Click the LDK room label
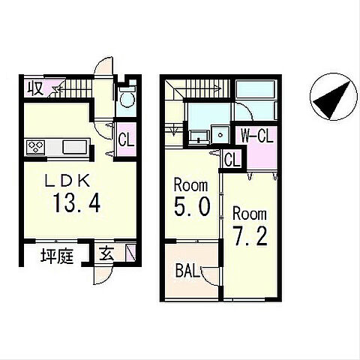67,181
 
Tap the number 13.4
76,203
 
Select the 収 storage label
35,88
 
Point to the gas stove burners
36,146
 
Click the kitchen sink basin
74,147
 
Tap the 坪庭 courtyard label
57,256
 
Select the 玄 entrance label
106,254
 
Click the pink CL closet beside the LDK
127,139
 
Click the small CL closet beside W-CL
232,160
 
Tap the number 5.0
192,206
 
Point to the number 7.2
250,235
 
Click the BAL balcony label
188,271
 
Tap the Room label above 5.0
190,185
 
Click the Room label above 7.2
250,214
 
